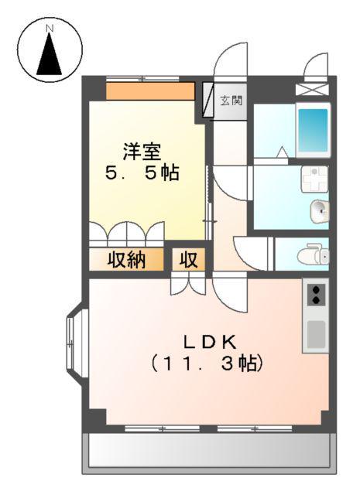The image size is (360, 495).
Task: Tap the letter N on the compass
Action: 50,29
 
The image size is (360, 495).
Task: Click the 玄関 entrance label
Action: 231,99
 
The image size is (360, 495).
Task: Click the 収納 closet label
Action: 126,260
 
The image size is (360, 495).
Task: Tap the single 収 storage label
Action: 189,260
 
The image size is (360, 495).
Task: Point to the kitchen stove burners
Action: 317,295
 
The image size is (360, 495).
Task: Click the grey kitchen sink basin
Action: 316,333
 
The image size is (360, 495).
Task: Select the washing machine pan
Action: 315,179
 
